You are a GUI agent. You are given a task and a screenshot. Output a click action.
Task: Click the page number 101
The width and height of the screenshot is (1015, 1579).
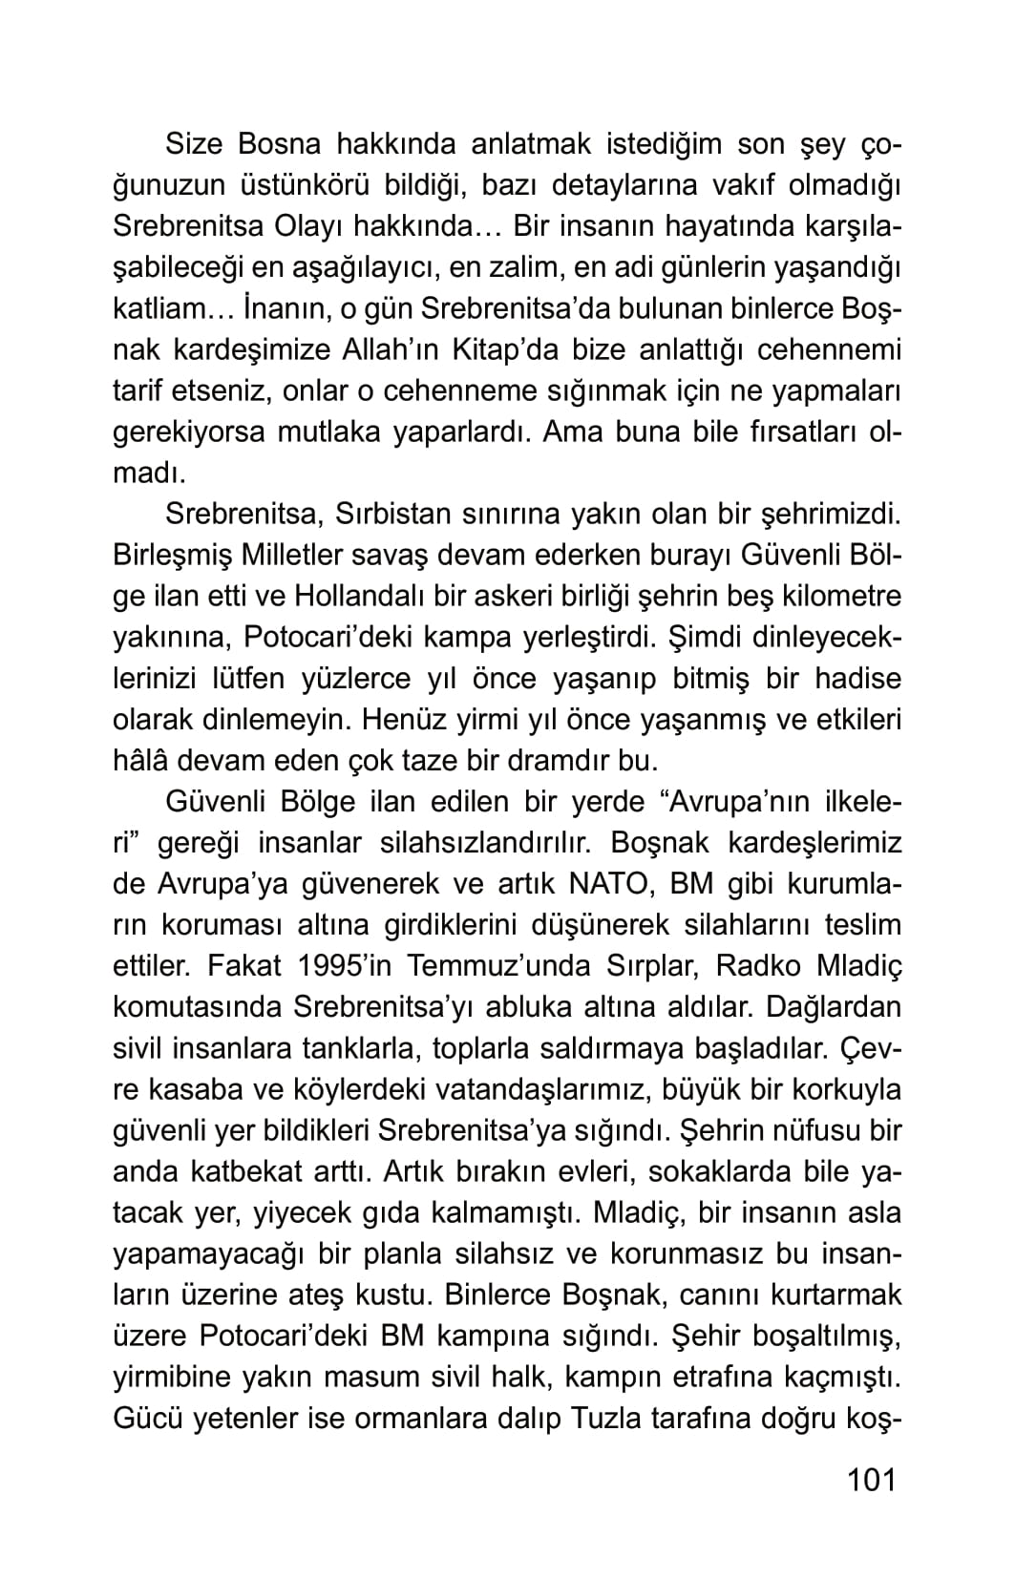[x=872, y=1480]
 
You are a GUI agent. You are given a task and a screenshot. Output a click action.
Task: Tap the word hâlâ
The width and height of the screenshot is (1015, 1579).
[x=142, y=762]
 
